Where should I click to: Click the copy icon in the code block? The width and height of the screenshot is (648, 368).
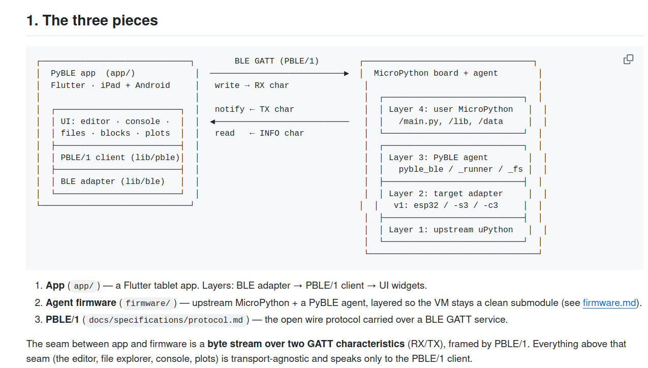coord(628,59)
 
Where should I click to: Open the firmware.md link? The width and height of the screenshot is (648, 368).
coord(609,302)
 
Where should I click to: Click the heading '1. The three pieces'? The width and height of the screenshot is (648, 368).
coord(92,20)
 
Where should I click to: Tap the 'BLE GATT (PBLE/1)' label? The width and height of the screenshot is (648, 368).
coord(276,61)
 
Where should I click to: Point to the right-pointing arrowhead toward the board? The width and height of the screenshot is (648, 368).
coord(346,74)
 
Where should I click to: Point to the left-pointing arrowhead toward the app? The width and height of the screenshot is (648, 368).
coord(212,122)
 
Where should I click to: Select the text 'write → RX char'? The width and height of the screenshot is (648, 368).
coord(252,85)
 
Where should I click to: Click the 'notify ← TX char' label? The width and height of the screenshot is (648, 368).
coord(254,109)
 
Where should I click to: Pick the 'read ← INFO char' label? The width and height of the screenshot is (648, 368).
coord(259,133)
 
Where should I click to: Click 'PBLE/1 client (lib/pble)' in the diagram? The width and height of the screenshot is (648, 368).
coord(120,158)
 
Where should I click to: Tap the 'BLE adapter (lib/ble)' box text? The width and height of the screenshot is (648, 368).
coord(112,181)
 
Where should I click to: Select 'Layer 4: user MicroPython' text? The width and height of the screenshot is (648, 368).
coord(451,109)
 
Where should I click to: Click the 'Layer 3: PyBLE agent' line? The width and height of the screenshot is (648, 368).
coord(438,158)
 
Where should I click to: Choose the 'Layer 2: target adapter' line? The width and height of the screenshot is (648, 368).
coord(446,194)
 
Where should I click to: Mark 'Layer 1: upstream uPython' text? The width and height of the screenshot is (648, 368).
coord(451,230)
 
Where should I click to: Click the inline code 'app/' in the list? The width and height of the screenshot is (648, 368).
coord(83,286)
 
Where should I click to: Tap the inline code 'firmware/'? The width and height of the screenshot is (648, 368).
coord(148,303)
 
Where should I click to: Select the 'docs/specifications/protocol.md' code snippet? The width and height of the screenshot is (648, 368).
coord(166,320)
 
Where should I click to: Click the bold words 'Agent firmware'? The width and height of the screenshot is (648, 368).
coord(81,302)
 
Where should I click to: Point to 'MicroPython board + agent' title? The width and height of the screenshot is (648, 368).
coord(436,73)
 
